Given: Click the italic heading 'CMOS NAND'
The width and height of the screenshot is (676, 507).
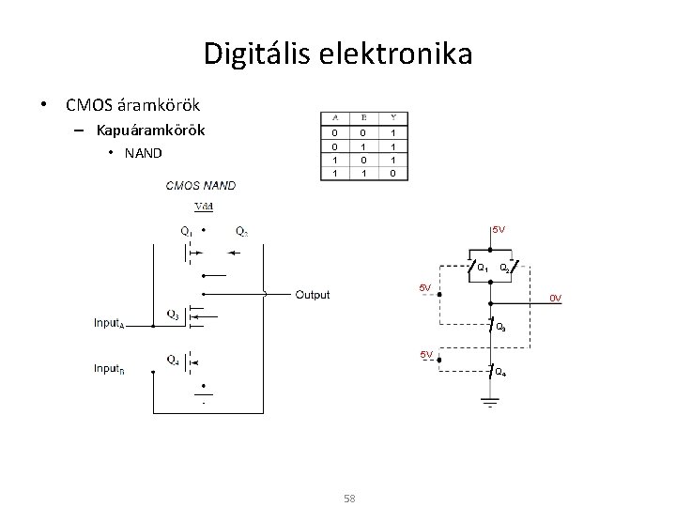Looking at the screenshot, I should point(201,186).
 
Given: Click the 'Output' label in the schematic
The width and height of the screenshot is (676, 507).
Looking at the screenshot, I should point(313,295).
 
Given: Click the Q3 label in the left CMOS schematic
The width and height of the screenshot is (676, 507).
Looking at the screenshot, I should point(174,314).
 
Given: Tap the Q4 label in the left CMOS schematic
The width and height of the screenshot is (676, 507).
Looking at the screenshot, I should point(174,358).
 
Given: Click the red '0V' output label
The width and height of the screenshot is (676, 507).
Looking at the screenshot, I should point(556,299).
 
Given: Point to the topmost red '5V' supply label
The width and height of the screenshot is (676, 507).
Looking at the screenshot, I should point(499,229).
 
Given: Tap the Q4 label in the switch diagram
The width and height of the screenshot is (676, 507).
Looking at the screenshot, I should point(501,374).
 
